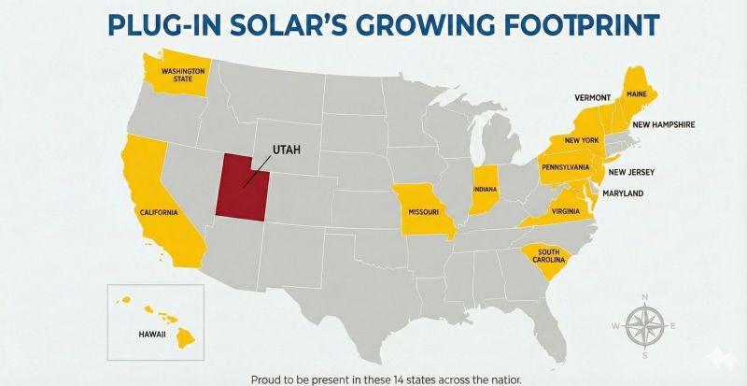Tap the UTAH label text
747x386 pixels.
286,150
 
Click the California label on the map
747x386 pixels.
159,212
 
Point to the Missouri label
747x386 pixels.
423,211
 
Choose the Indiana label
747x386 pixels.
486,189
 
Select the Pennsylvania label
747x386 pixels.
566,166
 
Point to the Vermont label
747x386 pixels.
592,97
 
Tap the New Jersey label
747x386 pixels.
631,172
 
